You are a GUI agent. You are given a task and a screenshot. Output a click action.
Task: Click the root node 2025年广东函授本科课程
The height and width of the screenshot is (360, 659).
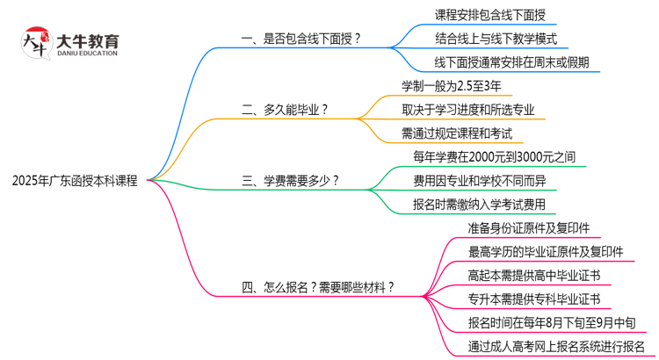pyautogui.click(x=75, y=181)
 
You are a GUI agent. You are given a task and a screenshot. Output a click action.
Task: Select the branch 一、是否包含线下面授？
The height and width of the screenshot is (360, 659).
pyautogui.click(x=301, y=40)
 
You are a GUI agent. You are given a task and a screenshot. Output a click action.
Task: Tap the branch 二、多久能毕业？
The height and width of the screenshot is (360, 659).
pyautogui.click(x=285, y=110)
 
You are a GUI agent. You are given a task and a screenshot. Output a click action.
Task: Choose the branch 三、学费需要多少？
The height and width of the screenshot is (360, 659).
pyautogui.click(x=290, y=181)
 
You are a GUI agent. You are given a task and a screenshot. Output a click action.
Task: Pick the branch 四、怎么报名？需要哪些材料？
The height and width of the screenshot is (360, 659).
pyautogui.click(x=317, y=287)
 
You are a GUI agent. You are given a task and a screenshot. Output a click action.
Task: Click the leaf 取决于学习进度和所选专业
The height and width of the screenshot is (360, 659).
pyautogui.click(x=467, y=110)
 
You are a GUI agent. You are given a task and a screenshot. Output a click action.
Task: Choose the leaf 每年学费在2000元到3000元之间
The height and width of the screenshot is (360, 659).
pyautogui.click(x=494, y=157)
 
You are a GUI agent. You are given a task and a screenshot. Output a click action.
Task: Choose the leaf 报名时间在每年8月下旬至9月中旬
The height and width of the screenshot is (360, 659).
pyautogui.click(x=553, y=322)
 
